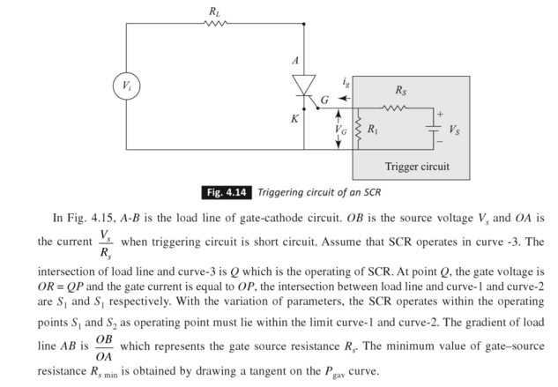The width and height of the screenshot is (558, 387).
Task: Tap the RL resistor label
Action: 215,10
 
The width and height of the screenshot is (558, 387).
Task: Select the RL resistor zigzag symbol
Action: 215,24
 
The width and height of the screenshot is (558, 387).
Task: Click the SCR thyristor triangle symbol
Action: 302,86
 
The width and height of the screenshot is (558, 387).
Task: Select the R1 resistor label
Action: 374,129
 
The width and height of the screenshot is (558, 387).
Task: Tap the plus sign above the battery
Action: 435,114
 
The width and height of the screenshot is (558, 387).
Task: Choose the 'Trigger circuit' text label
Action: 417,167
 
